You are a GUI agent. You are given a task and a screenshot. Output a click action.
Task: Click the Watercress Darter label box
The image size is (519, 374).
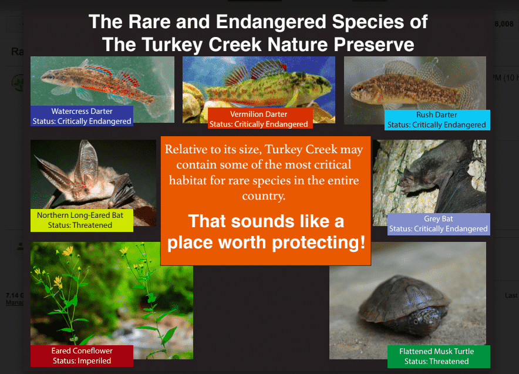(x=82, y=116)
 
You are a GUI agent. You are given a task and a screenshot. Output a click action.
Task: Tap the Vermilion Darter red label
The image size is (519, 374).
(x=260, y=118)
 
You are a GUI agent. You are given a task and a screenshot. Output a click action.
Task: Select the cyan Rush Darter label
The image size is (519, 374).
(x=437, y=120)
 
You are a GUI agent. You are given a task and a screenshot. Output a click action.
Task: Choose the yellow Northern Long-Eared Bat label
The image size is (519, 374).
(x=82, y=220)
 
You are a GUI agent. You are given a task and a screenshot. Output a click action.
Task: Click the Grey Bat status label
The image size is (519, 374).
(x=439, y=224)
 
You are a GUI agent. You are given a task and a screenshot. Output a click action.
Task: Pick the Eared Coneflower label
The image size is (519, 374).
(x=82, y=356)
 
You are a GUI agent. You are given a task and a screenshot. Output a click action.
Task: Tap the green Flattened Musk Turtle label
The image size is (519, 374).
(x=439, y=356)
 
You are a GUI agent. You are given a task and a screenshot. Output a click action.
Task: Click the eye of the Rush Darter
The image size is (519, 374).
(x=359, y=89)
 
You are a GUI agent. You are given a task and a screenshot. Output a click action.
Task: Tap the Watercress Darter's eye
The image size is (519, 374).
(x=50, y=76)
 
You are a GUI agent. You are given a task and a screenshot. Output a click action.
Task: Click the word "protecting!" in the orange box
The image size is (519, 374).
(x=318, y=242)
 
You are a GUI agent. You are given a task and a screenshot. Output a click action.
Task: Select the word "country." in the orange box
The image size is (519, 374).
(x=264, y=196)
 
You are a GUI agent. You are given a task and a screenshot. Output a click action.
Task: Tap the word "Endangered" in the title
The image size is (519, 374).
(x=271, y=22)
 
